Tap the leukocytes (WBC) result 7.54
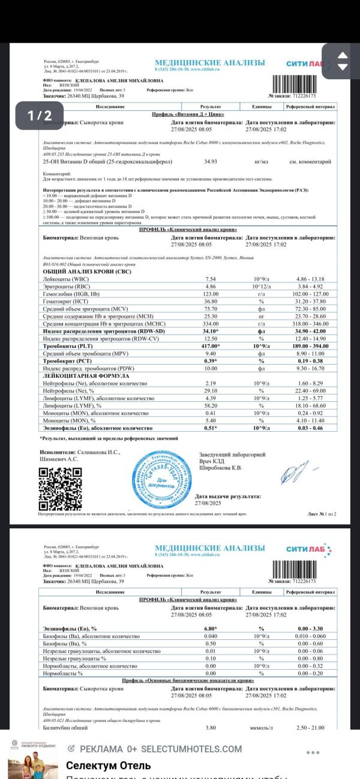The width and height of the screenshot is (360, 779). click(211, 279)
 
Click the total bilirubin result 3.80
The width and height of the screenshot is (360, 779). click(211, 727)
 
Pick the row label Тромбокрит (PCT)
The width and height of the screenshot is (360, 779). click(64, 361)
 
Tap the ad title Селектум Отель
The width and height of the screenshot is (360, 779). click(108, 766)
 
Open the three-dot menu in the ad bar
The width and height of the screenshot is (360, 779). click(313, 753)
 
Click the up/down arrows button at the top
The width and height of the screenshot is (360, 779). click(343, 61)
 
